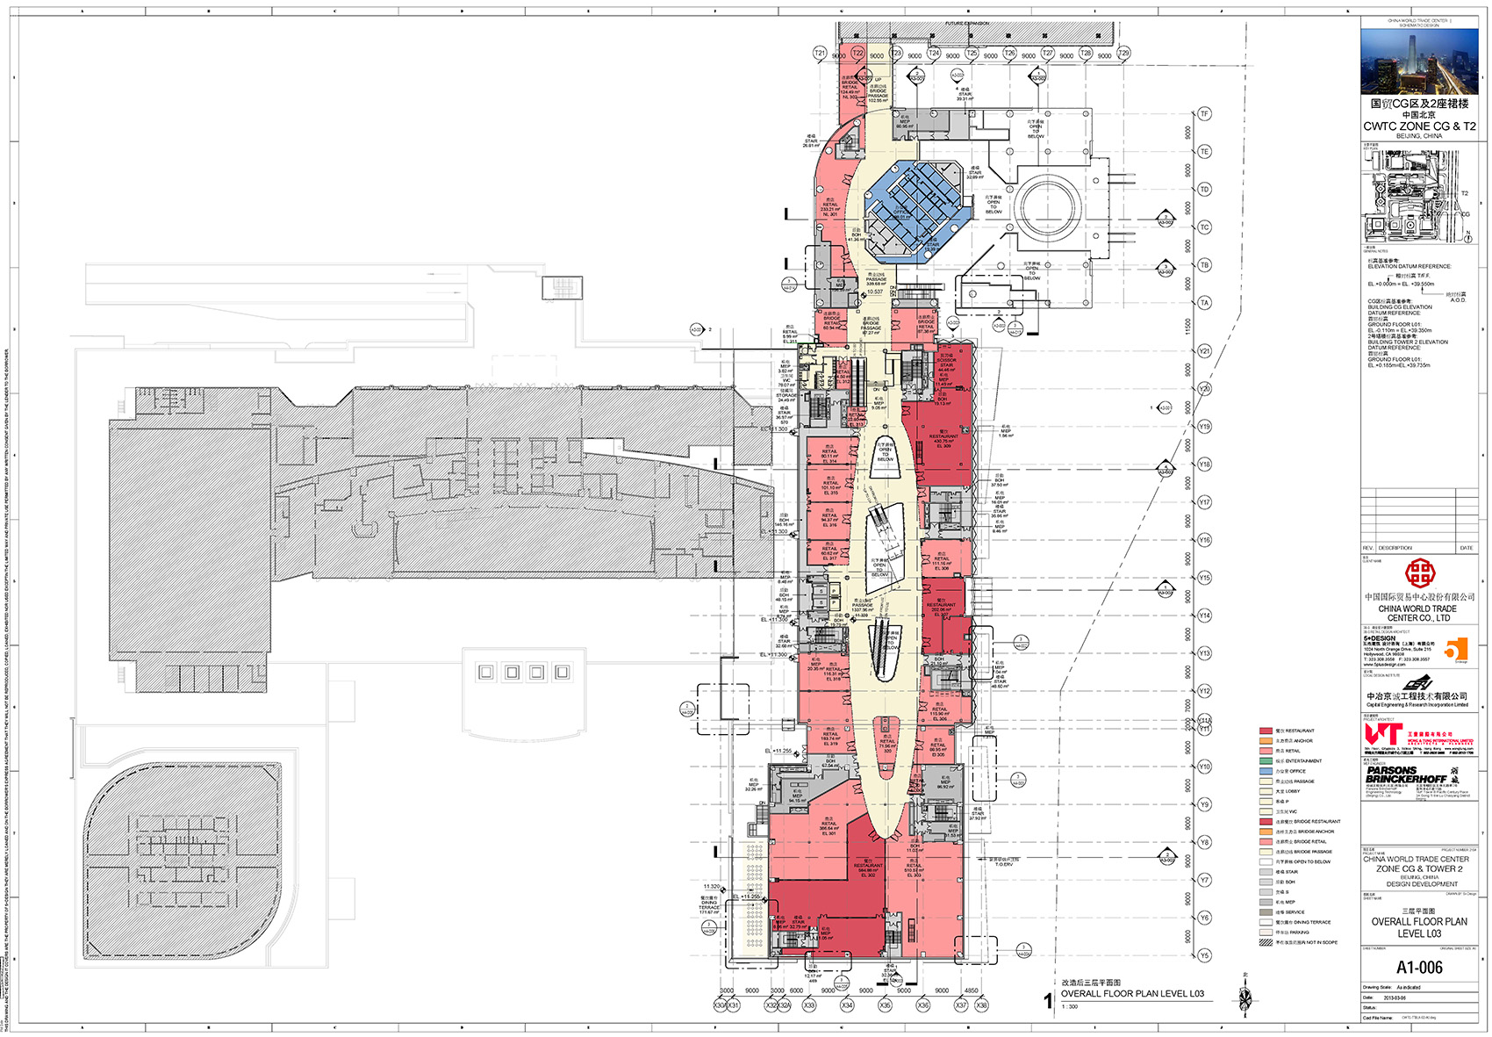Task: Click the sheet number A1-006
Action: [1419, 968]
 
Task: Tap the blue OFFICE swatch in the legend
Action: [1266, 771]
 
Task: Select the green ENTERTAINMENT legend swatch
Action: [1266, 761]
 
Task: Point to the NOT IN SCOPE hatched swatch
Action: [1266, 942]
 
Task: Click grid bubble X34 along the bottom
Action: [847, 1005]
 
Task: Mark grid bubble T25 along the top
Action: [972, 54]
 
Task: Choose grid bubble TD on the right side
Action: [1204, 190]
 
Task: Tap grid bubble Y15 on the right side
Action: [1204, 578]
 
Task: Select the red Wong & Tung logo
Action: [1382, 734]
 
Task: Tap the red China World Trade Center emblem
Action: [1419, 574]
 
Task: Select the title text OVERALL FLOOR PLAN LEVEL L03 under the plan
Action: [1132, 994]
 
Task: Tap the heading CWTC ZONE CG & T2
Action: [1419, 126]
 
